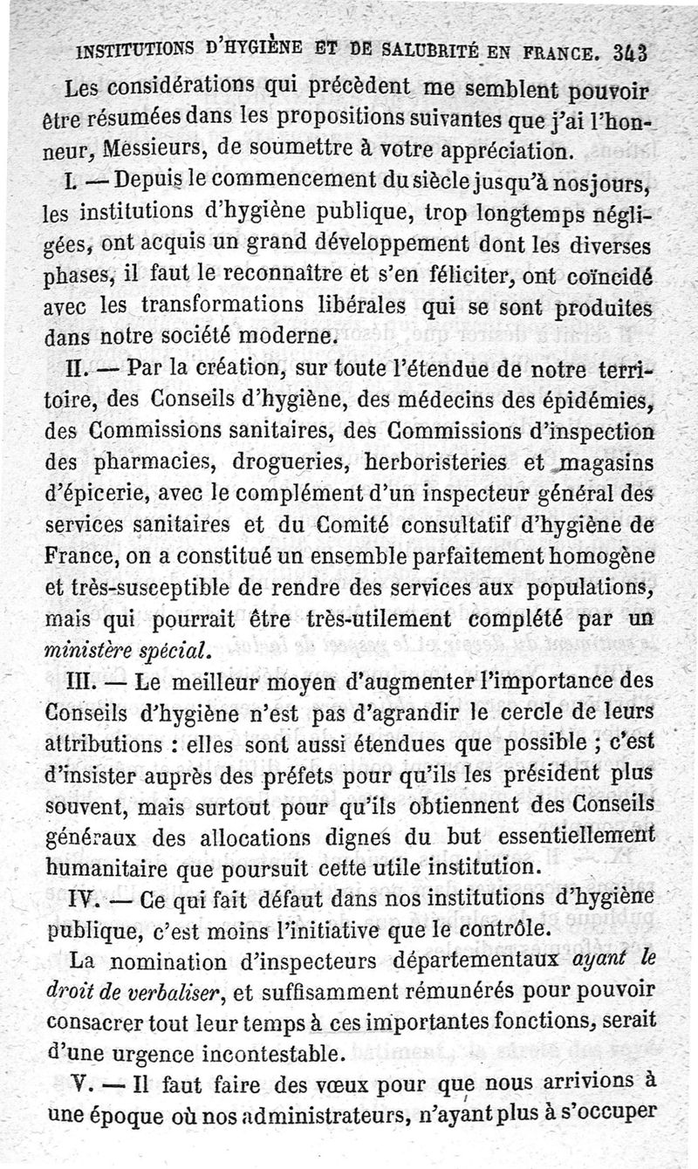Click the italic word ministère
(97, 650)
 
